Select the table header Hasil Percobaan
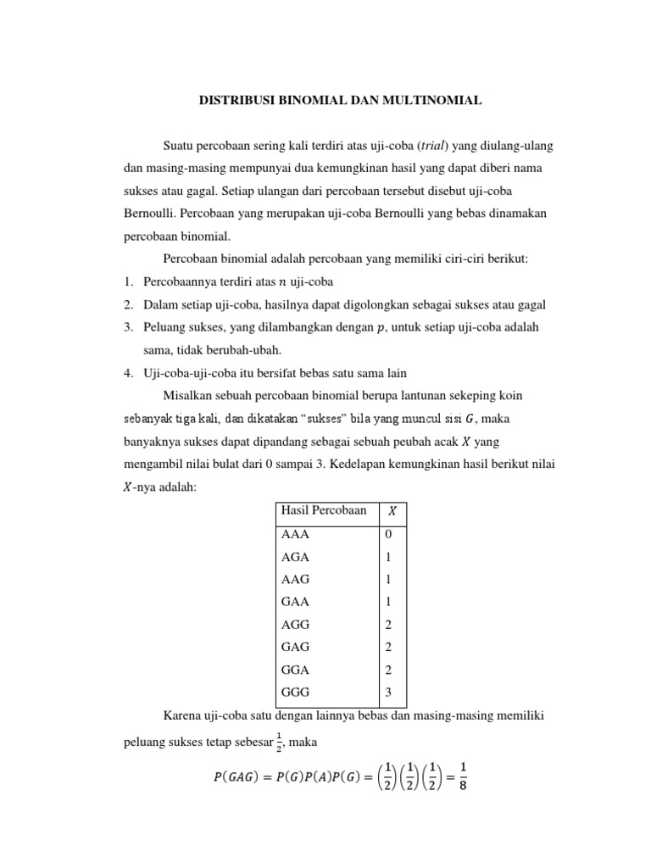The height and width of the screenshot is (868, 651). (323, 510)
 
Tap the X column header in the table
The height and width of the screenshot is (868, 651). (392, 511)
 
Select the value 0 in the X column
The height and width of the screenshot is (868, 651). (388, 535)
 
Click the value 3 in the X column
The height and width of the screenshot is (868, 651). (388, 691)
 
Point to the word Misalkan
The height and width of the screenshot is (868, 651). (186, 396)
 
